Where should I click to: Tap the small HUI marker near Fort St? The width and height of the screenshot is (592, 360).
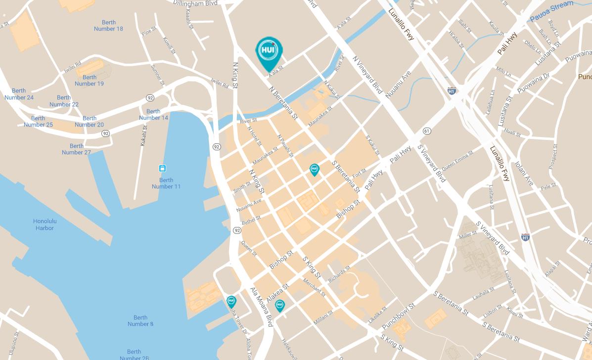click(x=314, y=170)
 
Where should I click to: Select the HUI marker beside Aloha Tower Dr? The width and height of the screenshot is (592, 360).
click(x=231, y=301)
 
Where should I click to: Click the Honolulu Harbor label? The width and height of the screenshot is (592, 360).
click(x=45, y=225)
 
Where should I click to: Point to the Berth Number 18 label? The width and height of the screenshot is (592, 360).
click(x=108, y=26)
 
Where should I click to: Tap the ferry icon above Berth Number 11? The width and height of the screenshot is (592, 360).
click(x=162, y=169)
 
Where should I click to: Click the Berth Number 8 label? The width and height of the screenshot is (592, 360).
click(x=140, y=321)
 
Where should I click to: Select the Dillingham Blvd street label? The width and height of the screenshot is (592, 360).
click(x=195, y=3)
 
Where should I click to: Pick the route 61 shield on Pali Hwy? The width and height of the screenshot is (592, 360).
click(x=427, y=131)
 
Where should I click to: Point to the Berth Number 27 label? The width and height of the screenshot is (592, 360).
click(x=76, y=149)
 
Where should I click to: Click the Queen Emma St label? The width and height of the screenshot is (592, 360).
click(x=457, y=161)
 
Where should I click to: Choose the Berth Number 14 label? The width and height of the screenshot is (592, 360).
click(x=153, y=115)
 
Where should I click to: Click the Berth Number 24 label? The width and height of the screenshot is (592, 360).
click(x=19, y=94)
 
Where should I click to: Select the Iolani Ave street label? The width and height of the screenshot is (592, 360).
click(x=524, y=174)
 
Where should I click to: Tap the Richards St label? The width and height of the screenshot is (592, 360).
click(x=339, y=274)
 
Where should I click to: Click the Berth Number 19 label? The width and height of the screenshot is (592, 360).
click(x=90, y=80)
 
